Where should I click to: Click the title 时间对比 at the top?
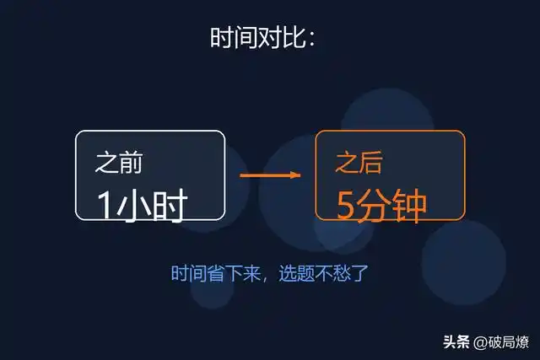pyautogui.click(x=262, y=39)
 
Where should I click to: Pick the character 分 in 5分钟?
pyautogui.click(x=375, y=203)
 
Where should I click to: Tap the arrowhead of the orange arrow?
pyautogui.click(x=295, y=175)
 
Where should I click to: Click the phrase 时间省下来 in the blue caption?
pyautogui.click(x=211, y=274)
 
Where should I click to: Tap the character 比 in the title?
pyautogui.click(x=293, y=39)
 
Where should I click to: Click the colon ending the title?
pyautogui.click(x=311, y=40)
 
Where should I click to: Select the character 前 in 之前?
pyautogui.click(x=131, y=164)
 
